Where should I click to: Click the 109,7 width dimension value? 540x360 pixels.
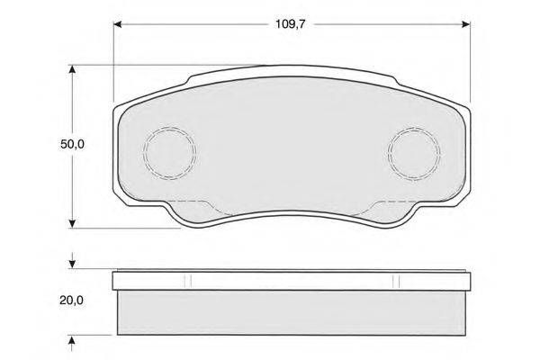coord(291,24)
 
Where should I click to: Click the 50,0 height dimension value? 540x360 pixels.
coord(72,144)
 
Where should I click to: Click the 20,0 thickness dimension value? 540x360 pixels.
coord(71,301)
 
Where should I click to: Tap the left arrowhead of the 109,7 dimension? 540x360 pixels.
coord(118,24)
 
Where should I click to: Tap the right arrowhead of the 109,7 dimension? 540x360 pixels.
coord(466,24)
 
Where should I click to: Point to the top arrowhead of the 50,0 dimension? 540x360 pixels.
coord(72,69)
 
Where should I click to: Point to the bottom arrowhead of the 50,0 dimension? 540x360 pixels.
coord(72,223)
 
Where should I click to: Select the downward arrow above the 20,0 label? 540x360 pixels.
coord(72,261)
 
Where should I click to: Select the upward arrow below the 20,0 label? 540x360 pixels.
coord(72,343)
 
